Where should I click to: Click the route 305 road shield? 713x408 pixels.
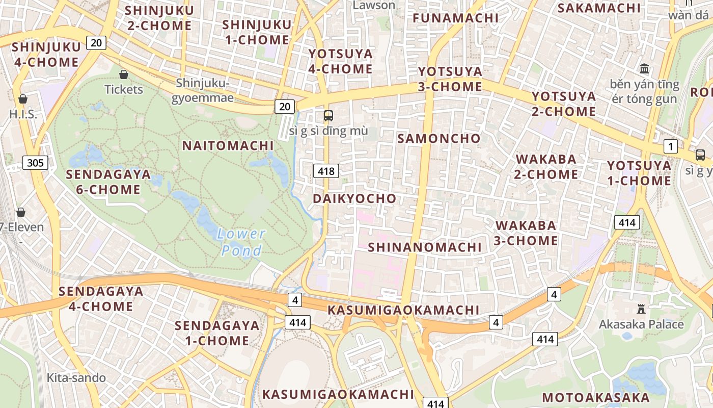click(35, 163)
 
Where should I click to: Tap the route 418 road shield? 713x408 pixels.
click(326, 171)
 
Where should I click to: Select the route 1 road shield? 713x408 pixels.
click(671, 147)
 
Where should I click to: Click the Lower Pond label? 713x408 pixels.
click(241, 242)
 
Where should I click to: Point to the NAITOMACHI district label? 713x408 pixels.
click(228, 146)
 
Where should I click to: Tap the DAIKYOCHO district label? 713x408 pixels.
click(354, 199)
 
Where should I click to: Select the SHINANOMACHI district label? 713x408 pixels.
click(425, 247)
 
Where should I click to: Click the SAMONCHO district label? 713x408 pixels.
click(439, 139)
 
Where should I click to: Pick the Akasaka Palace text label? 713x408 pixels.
click(641, 324)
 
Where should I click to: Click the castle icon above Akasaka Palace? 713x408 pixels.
click(641, 309)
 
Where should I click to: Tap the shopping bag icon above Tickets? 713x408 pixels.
click(123, 74)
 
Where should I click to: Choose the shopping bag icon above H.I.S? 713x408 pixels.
click(23, 99)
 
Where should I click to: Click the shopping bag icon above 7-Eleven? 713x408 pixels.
click(21, 212)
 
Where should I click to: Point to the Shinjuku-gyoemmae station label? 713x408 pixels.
click(202, 90)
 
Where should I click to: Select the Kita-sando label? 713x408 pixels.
click(76, 378)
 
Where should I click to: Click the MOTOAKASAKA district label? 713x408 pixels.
click(595, 398)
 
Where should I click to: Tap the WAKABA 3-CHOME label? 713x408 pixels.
click(526, 233)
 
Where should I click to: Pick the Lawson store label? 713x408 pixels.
click(374, 6)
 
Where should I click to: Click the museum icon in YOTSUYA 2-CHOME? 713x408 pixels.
click(644, 68)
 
